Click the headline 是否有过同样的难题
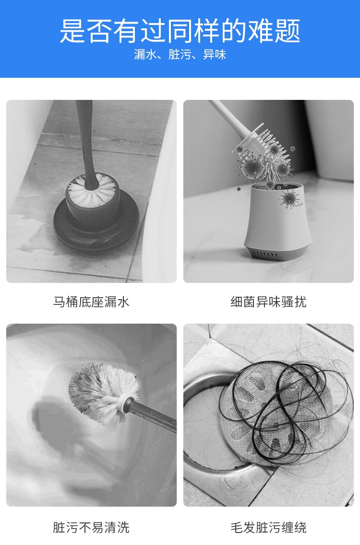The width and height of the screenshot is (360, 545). [x=180, y=31]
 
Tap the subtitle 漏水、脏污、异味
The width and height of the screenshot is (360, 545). [x=180, y=55]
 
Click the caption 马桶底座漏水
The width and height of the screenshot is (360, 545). [x=91, y=302]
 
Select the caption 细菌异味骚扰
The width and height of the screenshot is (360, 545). [x=269, y=302]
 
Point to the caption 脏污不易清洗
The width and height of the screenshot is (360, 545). [x=91, y=527]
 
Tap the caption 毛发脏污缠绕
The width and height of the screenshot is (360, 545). [x=269, y=527]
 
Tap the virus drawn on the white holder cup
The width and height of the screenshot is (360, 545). [x=289, y=199]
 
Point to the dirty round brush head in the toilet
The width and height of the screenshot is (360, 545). [x=104, y=393]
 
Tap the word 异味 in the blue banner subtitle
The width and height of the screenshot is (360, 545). [x=215, y=55]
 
